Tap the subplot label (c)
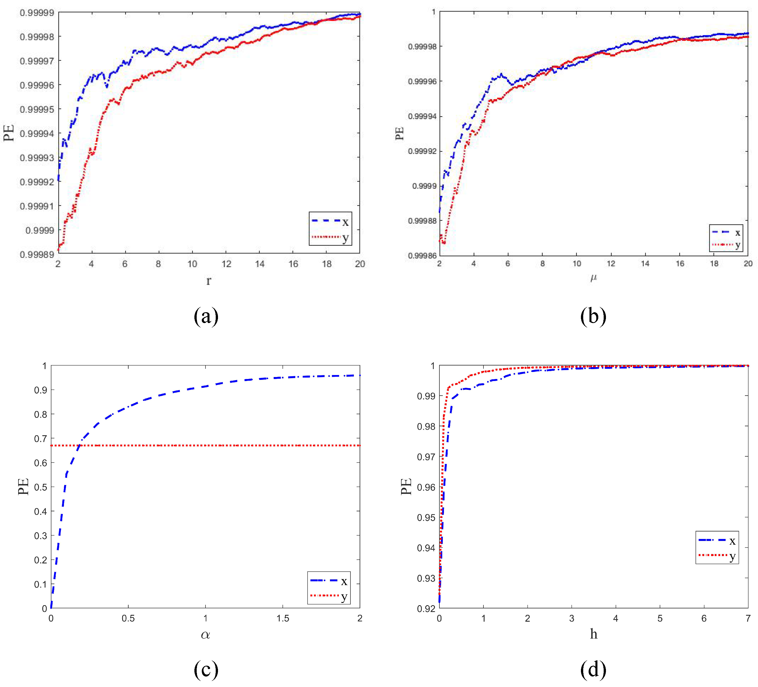click(x=206, y=669)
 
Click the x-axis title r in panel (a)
click(x=209, y=280)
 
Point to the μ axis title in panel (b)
click(x=593, y=277)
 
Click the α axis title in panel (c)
click(x=205, y=635)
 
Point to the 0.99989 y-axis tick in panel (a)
click(x=37, y=255)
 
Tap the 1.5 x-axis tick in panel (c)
click(x=283, y=618)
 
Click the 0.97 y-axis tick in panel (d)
click(x=426, y=457)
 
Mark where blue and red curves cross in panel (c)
click(x=79, y=446)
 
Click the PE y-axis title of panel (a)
click(x=9, y=133)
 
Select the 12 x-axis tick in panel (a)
click(x=226, y=264)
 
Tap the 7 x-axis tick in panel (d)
click(x=748, y=618)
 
